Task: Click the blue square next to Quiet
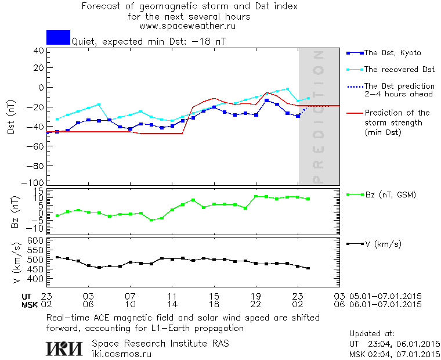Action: click(58, 37)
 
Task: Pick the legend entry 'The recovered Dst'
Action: click(399, 69)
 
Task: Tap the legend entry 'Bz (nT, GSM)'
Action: click(389, 195)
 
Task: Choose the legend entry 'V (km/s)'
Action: click(383, 243)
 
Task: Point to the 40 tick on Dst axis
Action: click(38, 51)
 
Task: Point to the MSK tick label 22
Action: click(256, 304)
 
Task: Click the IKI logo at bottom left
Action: click(63, 348)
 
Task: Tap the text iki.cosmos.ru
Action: click(121, 352)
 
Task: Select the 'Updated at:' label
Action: click(371, 334)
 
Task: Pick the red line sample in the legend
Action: click(353, 113)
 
